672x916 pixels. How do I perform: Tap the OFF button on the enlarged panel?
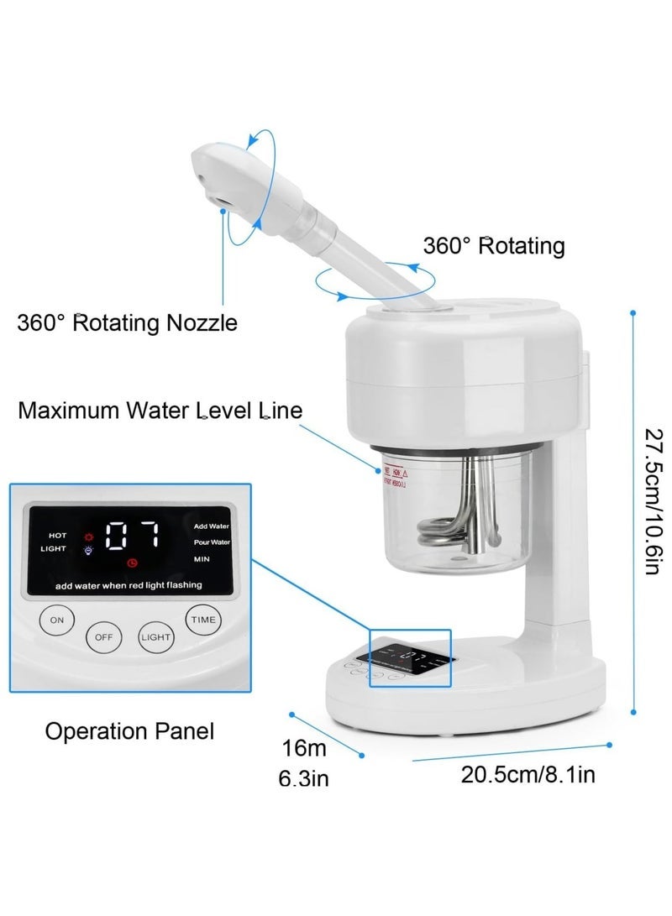click(103, 636)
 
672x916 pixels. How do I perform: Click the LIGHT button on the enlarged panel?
click(156, 636)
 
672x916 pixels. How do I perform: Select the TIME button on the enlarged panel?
click(203, 619)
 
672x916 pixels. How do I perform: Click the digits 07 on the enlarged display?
click(133, 535)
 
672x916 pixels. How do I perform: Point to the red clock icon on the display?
click(131, 562)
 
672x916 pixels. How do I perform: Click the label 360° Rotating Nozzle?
click(127, 322)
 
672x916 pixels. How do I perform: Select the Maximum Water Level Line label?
click(160, 411)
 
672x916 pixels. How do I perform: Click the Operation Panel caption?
click(129, 730)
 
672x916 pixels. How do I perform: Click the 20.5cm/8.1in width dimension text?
click(528, 773)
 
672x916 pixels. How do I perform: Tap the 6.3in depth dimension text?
click(303, 779)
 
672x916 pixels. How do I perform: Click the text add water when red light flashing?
click(129, 584)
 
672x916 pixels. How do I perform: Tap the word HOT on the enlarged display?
click(57, 534)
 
